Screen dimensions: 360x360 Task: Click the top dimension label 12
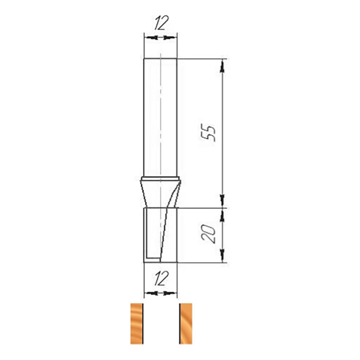(161, 23)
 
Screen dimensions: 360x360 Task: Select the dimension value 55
(208, 133)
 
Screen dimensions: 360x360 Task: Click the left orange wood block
(137, 324)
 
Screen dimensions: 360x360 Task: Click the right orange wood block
(186, 324)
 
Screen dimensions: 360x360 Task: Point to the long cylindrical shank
(160, 117)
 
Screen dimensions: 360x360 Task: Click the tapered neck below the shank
(161, 194)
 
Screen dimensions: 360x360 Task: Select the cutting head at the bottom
(161, 235)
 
